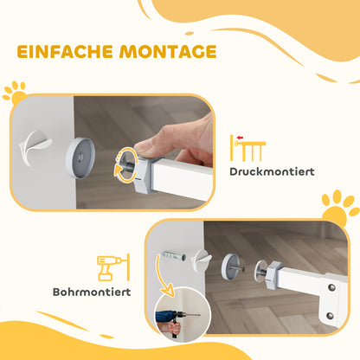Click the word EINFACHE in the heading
pos(63,52)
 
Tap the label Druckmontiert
pos(272,171)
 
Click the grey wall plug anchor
pos(171,257)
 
